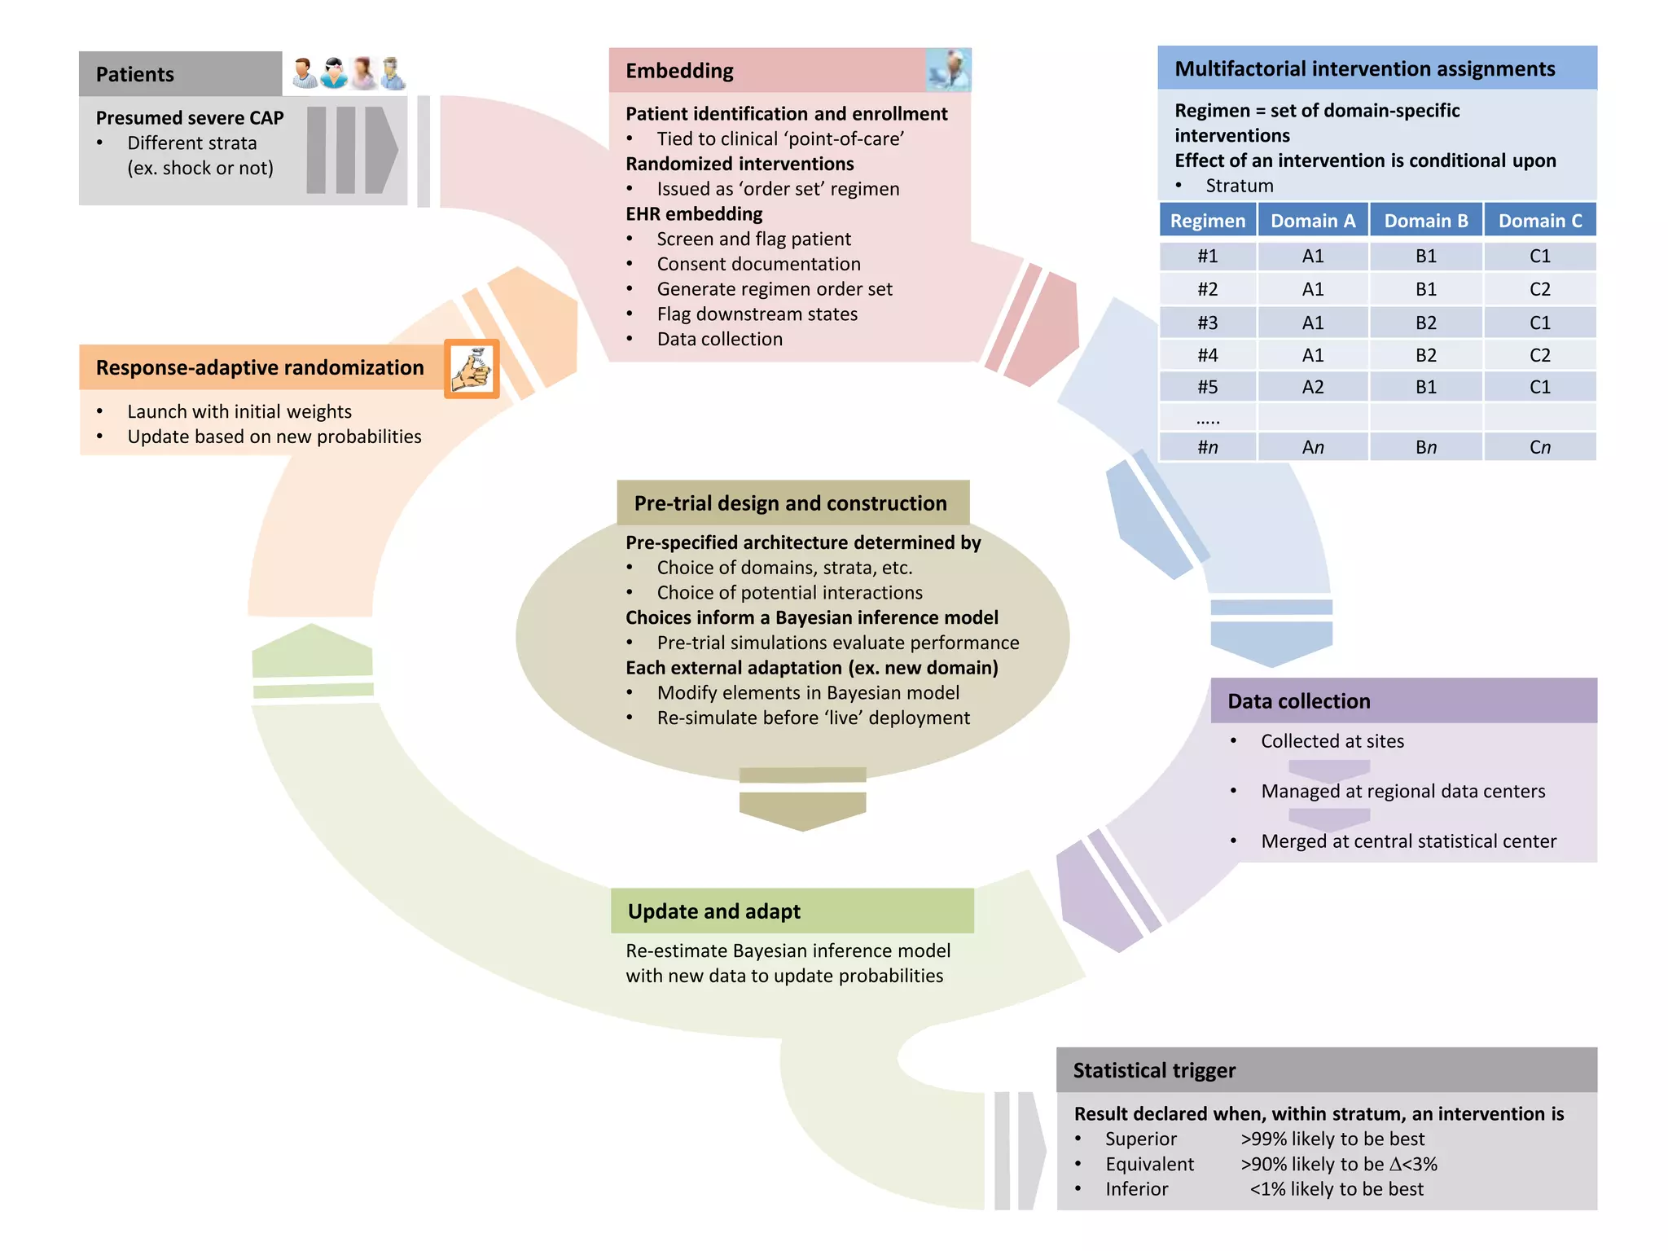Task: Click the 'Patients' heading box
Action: [180, 74]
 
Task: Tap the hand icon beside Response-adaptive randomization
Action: [472, 369]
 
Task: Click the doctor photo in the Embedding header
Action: [948, 70]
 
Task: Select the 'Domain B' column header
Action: [1425, 221]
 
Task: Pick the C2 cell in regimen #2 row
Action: [1539, 289]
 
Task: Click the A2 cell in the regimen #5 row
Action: [1312, 387]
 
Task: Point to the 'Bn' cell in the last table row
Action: [1425, 447]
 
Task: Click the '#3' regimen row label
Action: [1207, 323]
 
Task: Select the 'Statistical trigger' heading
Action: [1154, 1070]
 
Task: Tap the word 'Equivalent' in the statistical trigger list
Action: [1149, 1164]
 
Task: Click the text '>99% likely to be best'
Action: [1332, 1139]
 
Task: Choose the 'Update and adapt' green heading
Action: [713, 911]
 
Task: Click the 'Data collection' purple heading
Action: [1298, 701]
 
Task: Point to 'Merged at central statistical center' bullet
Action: [1408, 841]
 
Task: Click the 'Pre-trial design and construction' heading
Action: [790, 503]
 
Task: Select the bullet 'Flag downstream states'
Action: [757, 314]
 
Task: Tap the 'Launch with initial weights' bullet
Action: [239, 411]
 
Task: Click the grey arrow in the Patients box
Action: [353, 150]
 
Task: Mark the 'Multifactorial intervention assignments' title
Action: [1364, 69]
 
